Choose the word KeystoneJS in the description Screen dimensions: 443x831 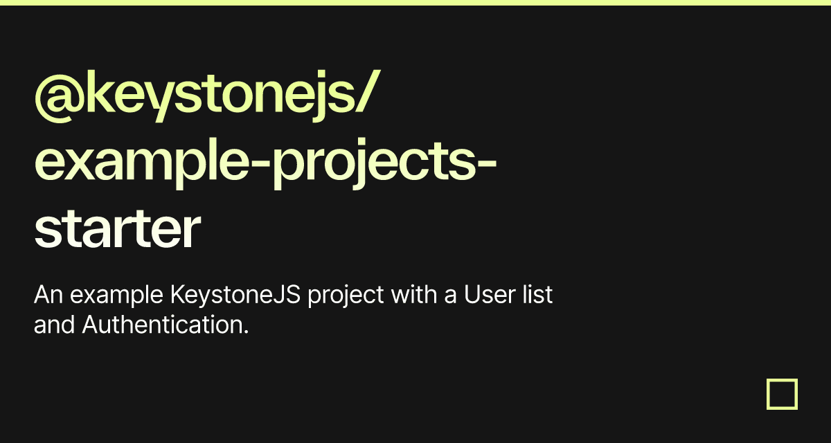point(235,296)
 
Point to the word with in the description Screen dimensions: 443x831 point(413,296)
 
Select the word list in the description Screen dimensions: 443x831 point(539,296)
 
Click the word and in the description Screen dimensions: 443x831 point(54,324)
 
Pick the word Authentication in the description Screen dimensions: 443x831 point(161,324)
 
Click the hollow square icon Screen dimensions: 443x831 point(783,394)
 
